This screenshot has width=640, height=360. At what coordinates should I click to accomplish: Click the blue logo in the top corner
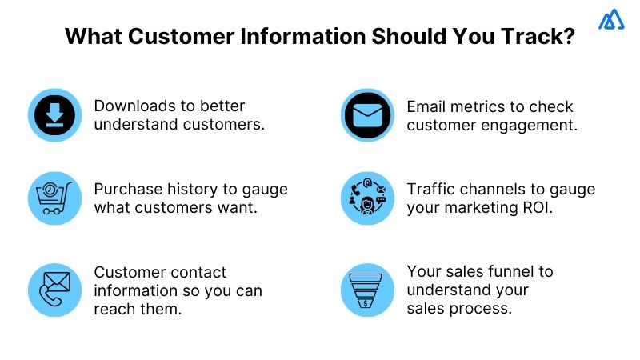pos(612,20)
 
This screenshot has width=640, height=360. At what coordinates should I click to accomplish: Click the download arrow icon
pos(54,115)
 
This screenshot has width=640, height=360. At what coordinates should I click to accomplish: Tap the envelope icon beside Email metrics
pos(368,115)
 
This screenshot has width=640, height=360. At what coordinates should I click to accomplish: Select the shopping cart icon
pos(54,198)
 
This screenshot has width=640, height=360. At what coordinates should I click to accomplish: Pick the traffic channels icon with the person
pos(368,198)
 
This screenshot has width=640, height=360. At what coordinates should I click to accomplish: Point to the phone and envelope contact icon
pos(54,290)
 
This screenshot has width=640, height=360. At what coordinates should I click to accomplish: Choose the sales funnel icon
pos(368,290)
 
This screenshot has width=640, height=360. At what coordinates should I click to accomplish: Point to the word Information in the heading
pos(298,38)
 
